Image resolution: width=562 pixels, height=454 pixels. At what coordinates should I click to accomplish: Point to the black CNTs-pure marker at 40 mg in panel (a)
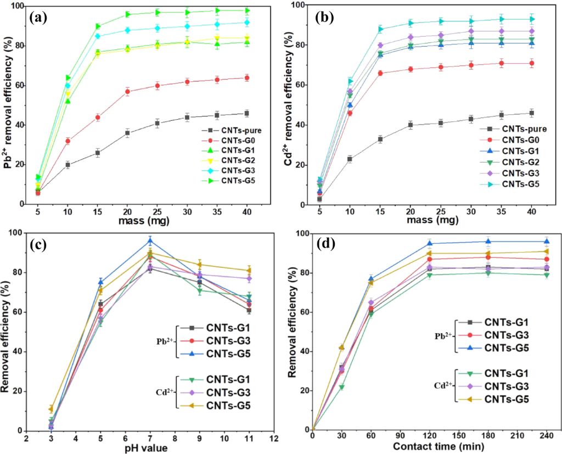tap(246, 113)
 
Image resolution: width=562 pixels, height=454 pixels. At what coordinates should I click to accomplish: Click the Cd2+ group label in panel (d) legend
tap(442, 385)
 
